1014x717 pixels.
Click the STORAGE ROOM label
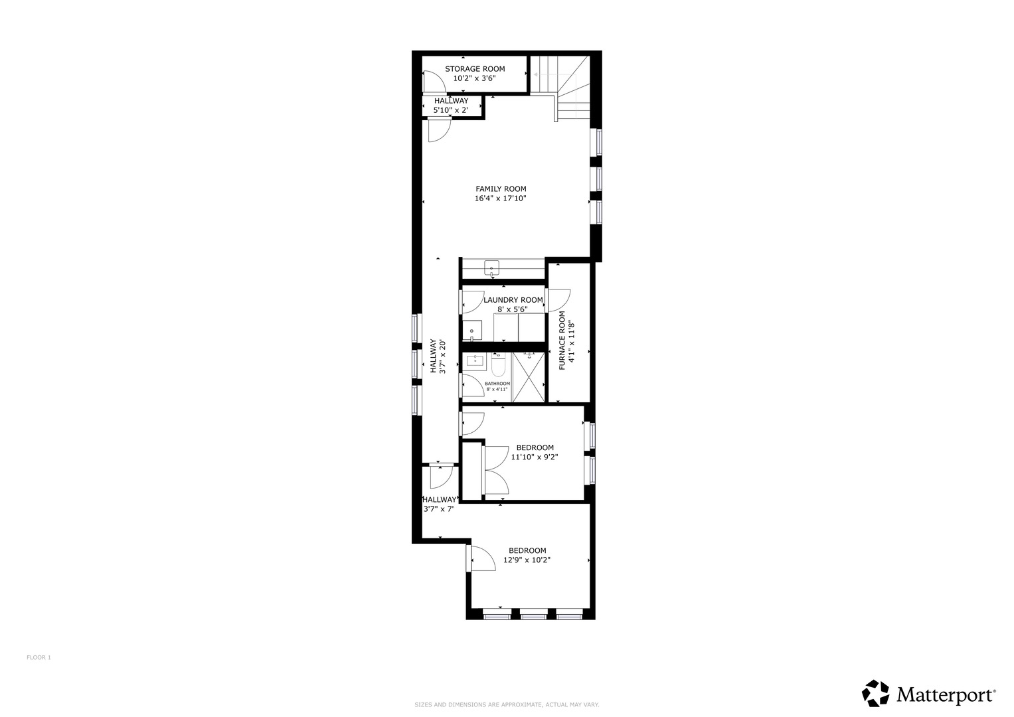(474, 68)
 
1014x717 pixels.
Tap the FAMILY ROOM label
(501, 189)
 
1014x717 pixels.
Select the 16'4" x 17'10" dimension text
(501, 199)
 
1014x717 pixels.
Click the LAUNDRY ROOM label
(513, 300)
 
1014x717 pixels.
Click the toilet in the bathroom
(499, 365)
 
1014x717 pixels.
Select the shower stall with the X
(529, 376)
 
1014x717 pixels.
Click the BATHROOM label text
(497, 384)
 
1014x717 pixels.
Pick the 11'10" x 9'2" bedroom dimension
(534, 457)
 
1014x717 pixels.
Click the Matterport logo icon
(875, 693)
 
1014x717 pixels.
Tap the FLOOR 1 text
(39, 657)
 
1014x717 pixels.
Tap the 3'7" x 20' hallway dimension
(442, 357)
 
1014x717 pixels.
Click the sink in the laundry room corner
(473, 330)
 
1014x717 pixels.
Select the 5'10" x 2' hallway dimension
(451, 110)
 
